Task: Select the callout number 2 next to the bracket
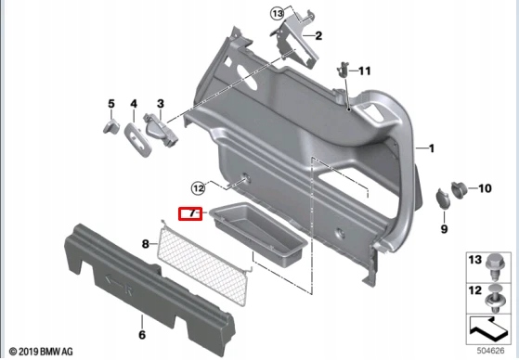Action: (x=318, y=36)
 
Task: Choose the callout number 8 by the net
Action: (x=145, y=244)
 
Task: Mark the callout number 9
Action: (x=444, y=228)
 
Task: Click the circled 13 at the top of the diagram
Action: (x=277, y=13)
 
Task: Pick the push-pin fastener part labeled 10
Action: (x=459, y=189)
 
